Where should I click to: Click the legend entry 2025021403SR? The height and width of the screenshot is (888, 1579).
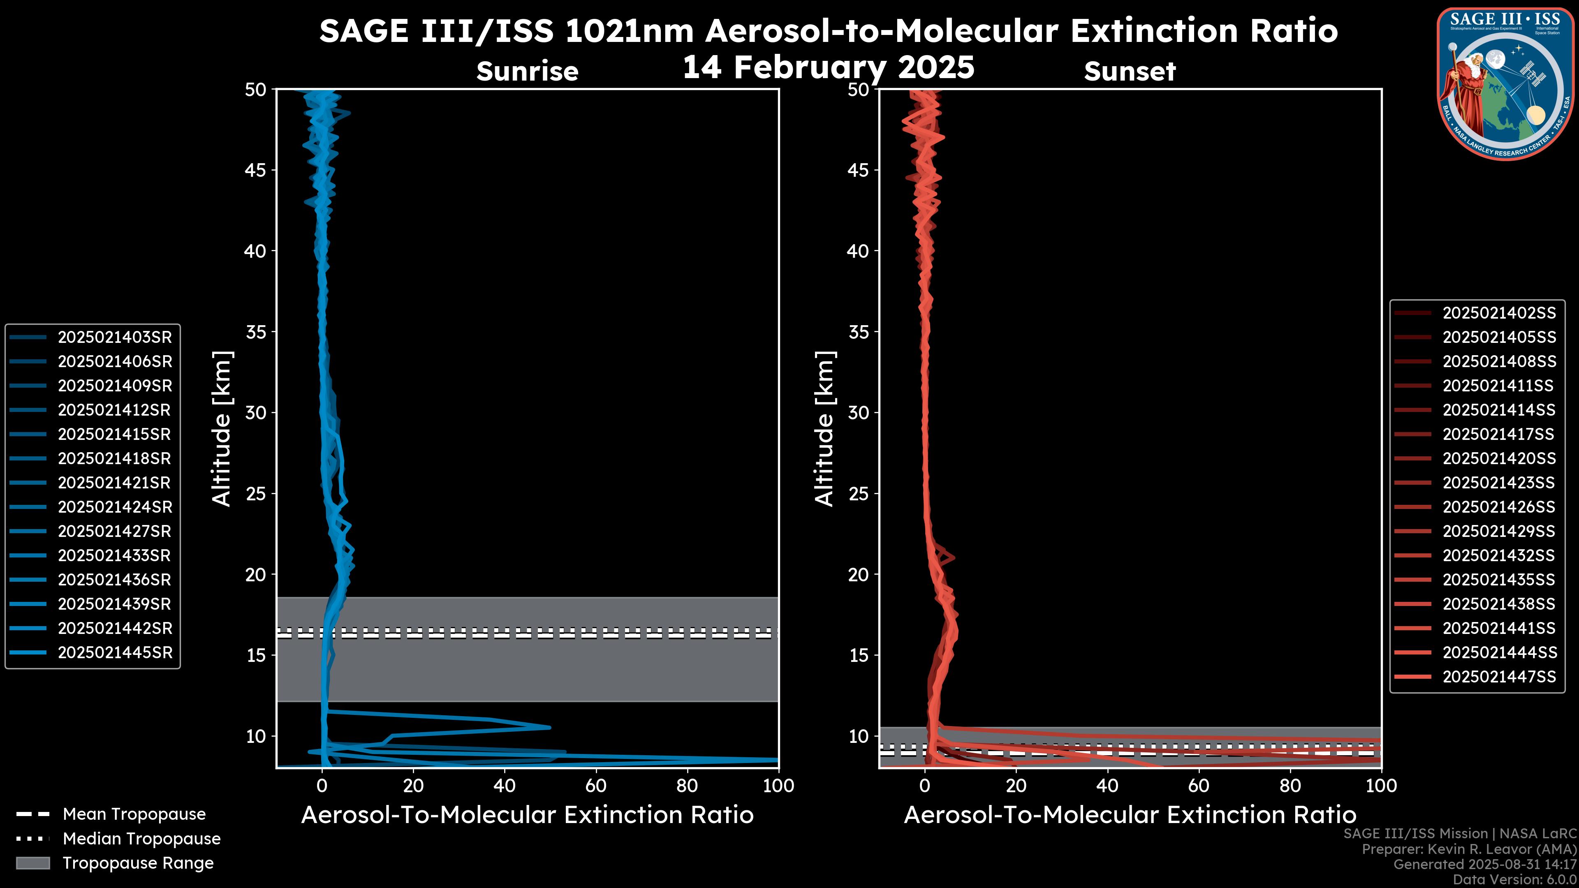[115, 337]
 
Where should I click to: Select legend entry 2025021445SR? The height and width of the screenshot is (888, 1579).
[115, 653]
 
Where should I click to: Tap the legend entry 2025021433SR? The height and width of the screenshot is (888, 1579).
[115, 555]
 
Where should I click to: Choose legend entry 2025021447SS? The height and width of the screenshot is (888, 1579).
[1499, 677]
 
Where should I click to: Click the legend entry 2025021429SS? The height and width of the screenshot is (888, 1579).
[1499, 531]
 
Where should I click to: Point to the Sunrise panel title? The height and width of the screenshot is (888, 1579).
[527, 72]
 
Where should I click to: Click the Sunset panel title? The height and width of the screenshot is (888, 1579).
[1130, 72]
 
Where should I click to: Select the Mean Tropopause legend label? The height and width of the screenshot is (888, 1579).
[134, 814]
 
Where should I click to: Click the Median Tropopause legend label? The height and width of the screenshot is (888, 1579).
[141, 839]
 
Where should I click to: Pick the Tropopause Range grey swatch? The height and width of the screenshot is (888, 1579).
[33, 863]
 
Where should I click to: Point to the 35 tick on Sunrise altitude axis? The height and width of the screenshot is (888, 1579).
[256, 332]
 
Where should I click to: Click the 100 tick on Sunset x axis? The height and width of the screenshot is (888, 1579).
[1381, 786]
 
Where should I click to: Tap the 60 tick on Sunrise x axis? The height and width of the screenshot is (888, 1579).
[596, 786]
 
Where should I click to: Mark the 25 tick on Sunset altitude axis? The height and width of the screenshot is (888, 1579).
[858, 494]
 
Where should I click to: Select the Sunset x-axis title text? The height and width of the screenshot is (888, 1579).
[1130, 815]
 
